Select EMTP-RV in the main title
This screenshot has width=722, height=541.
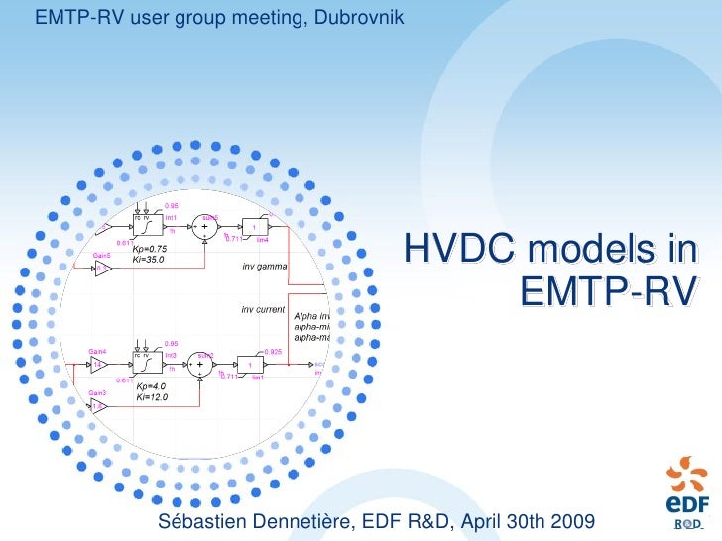pos(604,291)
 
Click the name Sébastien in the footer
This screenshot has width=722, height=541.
pos(204,521)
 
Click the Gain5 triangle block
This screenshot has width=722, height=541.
pos(103,269)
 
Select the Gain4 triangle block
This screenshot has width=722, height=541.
pos(99,365)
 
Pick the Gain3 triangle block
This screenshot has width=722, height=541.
pos(99,405)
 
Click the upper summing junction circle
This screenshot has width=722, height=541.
pos(205,227)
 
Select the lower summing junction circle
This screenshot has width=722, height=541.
pos(200,365)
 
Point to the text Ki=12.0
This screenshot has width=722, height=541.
pos(152,397)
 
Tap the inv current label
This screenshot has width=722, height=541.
pos(263,309)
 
